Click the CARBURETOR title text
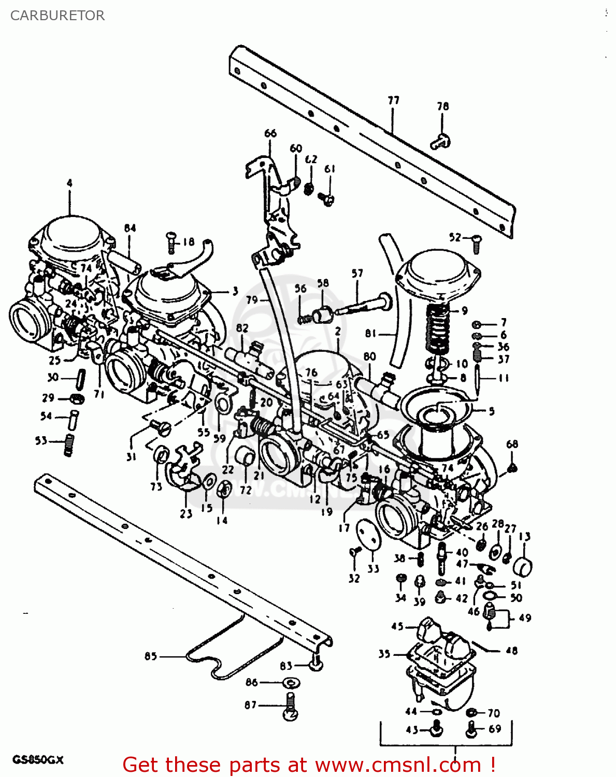pyautogui.click(x=57, y=16)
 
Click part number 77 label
pyautogui.click(x=393, y=100)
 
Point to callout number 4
pyautogui.click(x=69, y=183)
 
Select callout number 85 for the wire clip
pyautogui.click(x=150, y=656)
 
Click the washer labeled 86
pyautogui.click(x=290, y=683)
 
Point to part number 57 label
pyautogui.click(x=357, y=273)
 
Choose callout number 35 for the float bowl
pyautogui.click(x=384, y=654)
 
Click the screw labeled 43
pyautogui.click(x=436, y=730)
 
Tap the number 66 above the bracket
pyautogui.click(x=270, y=133)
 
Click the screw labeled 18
pyautogui.click(x=171, y=242)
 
